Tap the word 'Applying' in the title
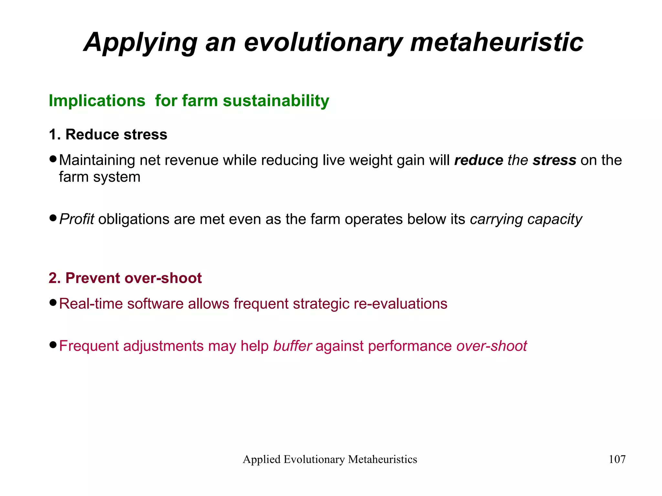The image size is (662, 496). (141, 42)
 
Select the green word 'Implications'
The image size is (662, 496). (97, 100)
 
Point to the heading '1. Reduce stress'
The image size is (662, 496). (108, 134)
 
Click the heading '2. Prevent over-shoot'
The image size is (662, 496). (125, 278)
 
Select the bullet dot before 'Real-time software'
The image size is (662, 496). (53, 303)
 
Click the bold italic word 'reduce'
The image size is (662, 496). (479, 160)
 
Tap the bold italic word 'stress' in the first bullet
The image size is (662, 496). (554, 160)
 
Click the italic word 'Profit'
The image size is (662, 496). (77, 219)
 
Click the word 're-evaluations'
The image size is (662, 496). (400, 304)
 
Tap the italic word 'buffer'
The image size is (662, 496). (293, 346)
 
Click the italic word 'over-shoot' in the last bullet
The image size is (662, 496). (492, 346)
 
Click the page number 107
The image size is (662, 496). (617, 459)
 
